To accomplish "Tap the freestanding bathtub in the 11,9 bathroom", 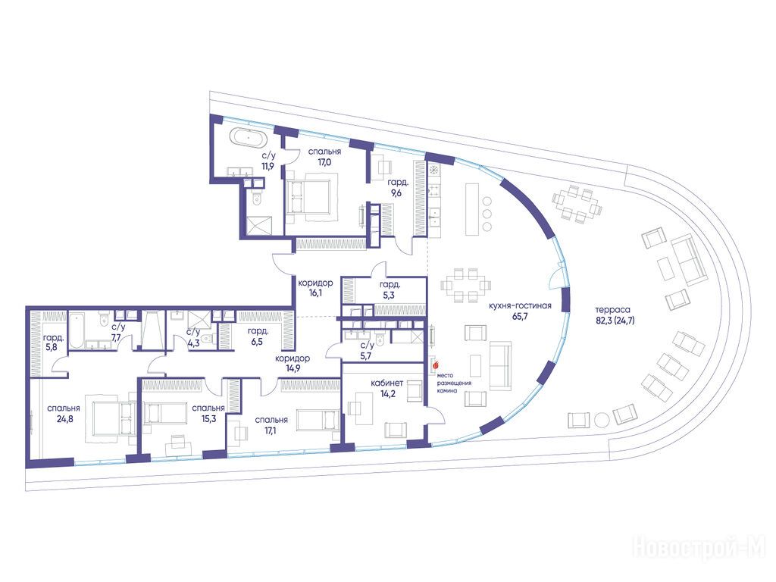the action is click(x=250, y=138).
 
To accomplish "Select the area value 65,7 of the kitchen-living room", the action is click(x=520, y=317).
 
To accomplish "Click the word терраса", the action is click(x=613, y=310).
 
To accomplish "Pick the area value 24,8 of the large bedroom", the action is click(x=64, y=419).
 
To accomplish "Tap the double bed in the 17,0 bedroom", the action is click(x=309, y=198).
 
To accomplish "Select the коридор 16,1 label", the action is click(x=315, y=288).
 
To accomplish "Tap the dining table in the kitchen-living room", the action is click(x=466, y=285).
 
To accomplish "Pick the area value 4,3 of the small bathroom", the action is click(x=193, y=343).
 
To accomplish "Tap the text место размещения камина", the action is click(x=454, y=383).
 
